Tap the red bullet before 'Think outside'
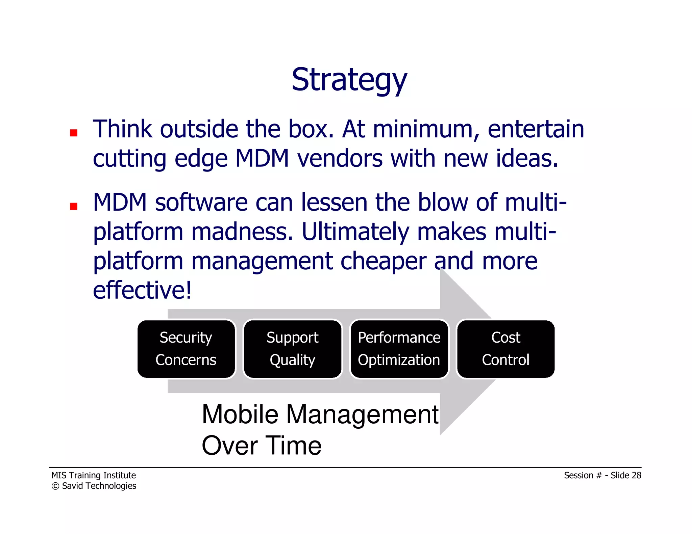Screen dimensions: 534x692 point(74,133)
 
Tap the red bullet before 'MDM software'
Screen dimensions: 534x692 point(74,206)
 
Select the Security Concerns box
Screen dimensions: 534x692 point(186,349)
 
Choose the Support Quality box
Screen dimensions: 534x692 point(292,349)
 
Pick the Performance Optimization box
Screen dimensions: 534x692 point(399,349)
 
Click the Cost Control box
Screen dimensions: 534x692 point(505,349)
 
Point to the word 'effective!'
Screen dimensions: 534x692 point(142,290)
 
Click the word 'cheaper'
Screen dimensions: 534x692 point(383,261)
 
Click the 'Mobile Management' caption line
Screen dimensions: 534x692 point(320,414)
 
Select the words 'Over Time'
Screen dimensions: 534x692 point(261,446)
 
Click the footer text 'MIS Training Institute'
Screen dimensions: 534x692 point(94,475)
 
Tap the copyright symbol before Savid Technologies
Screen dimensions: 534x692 point(55,486)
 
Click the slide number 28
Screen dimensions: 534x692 point(636,475)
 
